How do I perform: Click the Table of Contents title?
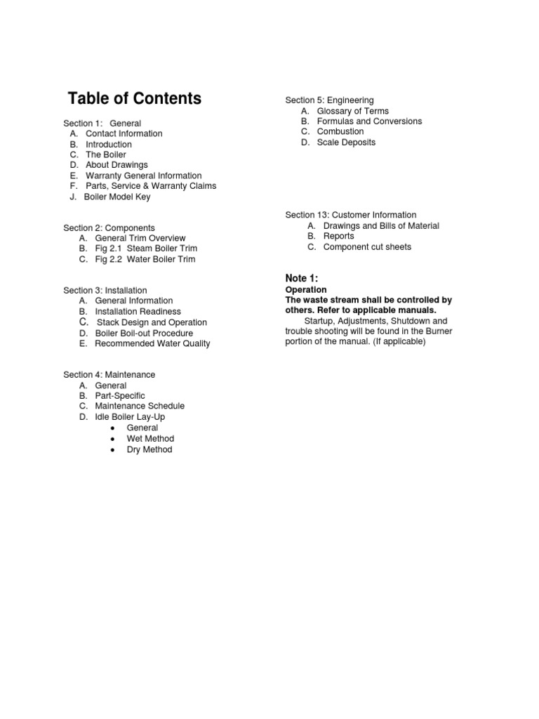(x=134, y=98)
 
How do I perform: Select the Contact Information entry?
(x=124, y=133)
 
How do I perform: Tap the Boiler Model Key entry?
(x=117, y=197)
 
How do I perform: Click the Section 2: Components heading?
(x=109, y=228)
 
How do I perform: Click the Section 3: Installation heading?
(x=105, y=290)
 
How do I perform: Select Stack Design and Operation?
(x=152, y=322)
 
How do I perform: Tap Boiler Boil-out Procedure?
(x=144, y=333)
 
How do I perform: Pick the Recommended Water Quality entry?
(x=152, y=343)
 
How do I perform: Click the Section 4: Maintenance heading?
(x=109, y=375)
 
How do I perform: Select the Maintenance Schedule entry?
(x=140, y=406)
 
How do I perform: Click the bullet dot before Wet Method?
(x=112, y=439)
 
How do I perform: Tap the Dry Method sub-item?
(x=149, y=449)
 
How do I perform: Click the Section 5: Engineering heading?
(x=329, y=100)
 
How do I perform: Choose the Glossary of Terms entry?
(x=352, y=111)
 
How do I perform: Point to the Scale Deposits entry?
(x=346, y=142)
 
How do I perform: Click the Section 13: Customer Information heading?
(x=350, y=215)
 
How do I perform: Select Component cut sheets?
(x=367, y=246)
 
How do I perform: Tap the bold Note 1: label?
(x=302, y=278)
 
